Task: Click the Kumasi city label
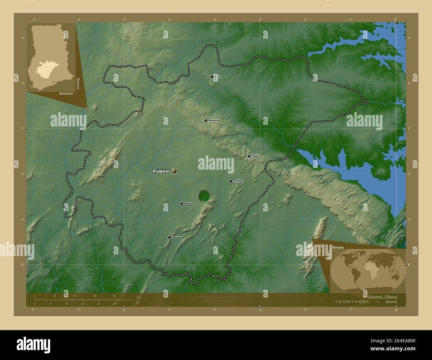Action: (x=161, y=171)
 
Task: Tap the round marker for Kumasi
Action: (x=174, y=171)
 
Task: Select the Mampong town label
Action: (x=214, y=121)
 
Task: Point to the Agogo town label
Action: (x=255, y=156)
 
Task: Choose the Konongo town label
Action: (x=238, y=181)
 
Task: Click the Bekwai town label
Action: (x=188, y=203)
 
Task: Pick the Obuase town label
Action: (x=177, y=237)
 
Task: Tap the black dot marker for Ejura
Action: (x=212, y=77)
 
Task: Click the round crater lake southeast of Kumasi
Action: (x=204, y=196)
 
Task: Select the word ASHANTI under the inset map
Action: (x=66, y=94)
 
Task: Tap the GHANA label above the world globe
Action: (x=338, y=248)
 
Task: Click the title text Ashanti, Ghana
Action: (x=382, y=297)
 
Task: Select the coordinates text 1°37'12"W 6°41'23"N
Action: (x=352, y=302)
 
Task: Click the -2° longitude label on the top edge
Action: (x=124, y=19)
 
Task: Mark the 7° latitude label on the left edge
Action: (x=22, y=129)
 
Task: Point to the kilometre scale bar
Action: (x=83, y=300)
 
